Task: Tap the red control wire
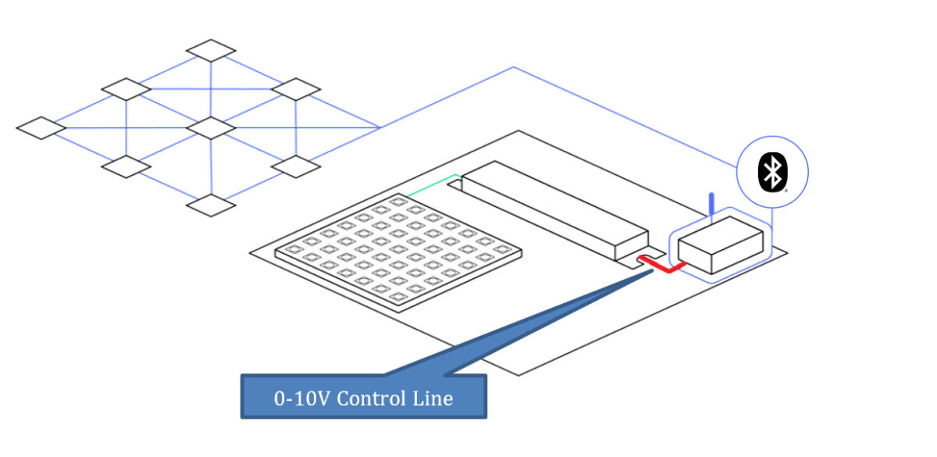point(663,267)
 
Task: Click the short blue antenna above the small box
point(711,203)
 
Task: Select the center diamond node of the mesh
point(211,127)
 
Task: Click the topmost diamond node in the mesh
point(211,50)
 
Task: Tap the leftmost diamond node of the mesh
point(41,127)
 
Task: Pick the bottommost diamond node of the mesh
point(211,205)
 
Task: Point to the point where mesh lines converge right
point(379,127)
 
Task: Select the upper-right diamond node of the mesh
point(296,89)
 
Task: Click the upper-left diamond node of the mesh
point(126,89)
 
